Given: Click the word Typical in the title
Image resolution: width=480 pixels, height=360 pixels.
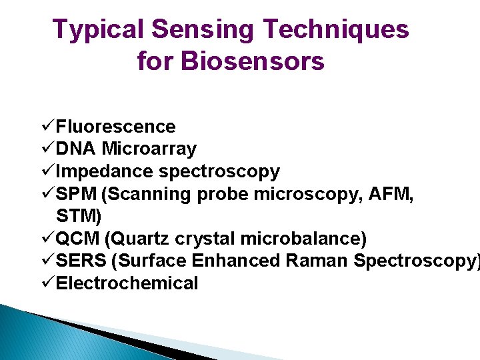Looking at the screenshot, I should (97, 30).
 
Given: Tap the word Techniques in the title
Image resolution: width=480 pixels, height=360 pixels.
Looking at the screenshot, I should (337, 30).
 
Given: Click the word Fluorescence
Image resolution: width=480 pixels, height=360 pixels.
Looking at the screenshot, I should (116, 127).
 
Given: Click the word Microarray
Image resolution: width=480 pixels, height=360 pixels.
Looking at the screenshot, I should (149, 149).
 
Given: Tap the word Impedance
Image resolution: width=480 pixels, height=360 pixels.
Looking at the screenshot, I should (105, 171).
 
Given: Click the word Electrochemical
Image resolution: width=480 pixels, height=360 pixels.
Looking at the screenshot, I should (127, 283).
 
